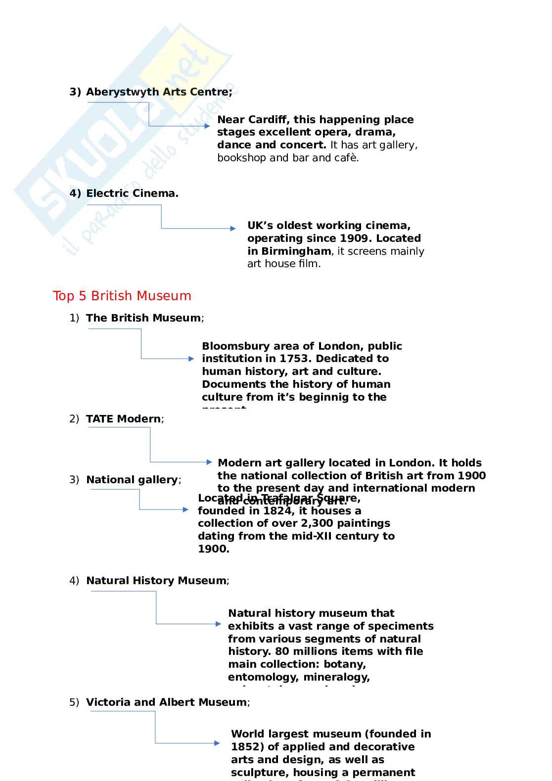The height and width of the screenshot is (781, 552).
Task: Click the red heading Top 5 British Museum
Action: click(122, 296)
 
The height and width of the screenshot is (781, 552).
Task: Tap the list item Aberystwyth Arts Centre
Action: click(159, 92)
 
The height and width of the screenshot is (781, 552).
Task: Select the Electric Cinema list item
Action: click(132, 193)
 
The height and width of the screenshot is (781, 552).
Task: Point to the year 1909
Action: click(354, 238)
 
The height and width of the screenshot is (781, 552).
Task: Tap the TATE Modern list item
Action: click(123, 419)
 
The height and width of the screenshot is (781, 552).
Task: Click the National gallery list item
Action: click(132, 480)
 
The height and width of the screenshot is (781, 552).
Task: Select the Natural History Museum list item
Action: click(156, 581)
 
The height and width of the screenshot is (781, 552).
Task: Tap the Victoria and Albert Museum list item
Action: click(166, 702)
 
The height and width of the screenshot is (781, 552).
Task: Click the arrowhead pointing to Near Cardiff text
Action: click(208, 126)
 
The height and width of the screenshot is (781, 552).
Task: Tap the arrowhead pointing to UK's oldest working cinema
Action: click(233, 229)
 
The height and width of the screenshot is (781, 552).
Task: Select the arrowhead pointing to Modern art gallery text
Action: click(209, 462)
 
